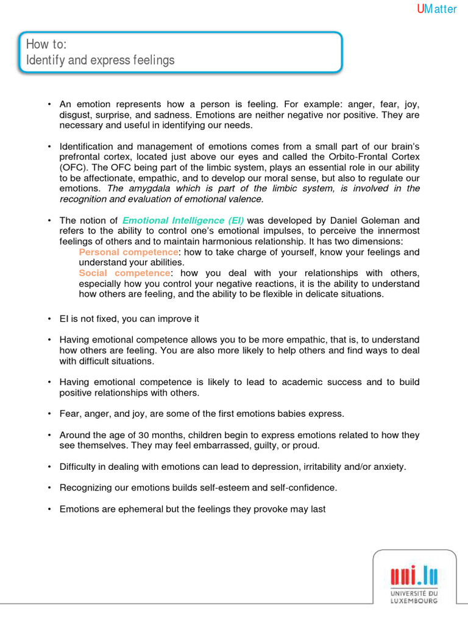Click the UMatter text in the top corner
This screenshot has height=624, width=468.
(436, 9)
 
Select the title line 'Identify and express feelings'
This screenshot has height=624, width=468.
(100, 60)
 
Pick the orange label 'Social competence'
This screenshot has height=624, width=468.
(124, 273)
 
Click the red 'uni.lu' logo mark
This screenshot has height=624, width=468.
(414, 575)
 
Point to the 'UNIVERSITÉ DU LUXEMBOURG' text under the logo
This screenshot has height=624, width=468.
(414, 597)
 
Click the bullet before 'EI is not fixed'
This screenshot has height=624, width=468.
(49, 319)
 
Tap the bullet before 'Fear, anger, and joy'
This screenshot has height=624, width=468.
(49, 414)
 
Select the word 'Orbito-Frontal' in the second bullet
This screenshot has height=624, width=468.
(362, 157)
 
